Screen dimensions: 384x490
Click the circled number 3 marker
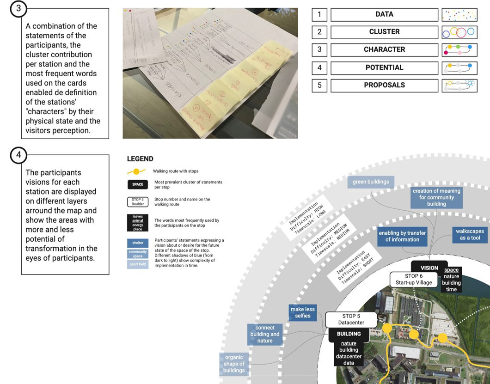(18, 9)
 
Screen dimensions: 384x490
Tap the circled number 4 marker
(18, 155)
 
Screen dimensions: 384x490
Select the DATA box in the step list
(384, 14)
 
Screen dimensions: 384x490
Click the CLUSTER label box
(384, 32)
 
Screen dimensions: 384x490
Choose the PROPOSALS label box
(384, 85)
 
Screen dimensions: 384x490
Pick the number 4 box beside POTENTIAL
(319, 67)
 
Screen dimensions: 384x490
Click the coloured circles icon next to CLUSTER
(459, 32)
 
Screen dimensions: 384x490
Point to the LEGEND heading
(140, 159)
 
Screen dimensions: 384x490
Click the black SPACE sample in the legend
(138, 184)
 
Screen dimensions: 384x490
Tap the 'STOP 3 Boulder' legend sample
(138, 202)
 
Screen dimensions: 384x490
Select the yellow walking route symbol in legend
(136, 171)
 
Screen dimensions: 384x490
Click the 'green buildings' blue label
(371, 182)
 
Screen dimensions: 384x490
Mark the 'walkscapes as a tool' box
(470, 235)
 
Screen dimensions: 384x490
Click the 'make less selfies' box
(302, 313)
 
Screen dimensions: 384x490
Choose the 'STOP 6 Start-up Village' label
(414, 280)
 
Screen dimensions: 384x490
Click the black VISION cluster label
(429, 268)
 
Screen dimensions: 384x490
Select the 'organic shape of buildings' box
(234, 364)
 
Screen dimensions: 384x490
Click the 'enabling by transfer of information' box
(402, 236)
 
